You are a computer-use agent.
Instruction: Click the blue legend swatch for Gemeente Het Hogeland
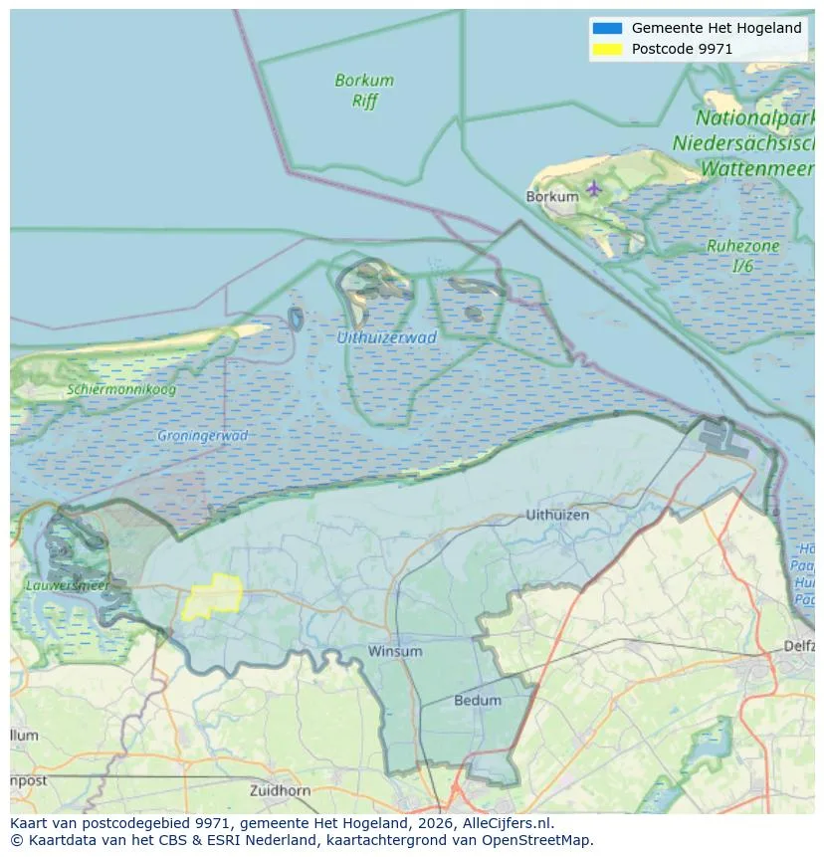pos(606,29)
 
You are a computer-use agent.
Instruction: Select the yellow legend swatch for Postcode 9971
pos(606,49)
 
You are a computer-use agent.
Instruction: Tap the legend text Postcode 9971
pos(682,49)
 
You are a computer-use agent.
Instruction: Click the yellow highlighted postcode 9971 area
pos(213,596)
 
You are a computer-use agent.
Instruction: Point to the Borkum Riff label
pos(364,91)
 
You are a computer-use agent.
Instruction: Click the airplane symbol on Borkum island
pos(594,187)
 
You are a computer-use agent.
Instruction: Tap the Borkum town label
pos(551,197)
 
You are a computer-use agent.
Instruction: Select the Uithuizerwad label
pos(386,337)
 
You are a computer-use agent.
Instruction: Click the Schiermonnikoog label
pos(121,389)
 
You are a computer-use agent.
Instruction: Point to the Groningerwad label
pos(202,436)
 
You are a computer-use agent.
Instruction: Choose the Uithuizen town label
pos(557,515)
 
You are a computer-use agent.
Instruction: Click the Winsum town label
pos(395,652)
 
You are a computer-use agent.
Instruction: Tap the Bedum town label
pos(478,701)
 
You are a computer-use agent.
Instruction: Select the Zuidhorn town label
pos(282,791)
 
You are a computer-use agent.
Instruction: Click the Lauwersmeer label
pos(67,586)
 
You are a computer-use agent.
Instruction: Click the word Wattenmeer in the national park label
pos(757,168)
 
